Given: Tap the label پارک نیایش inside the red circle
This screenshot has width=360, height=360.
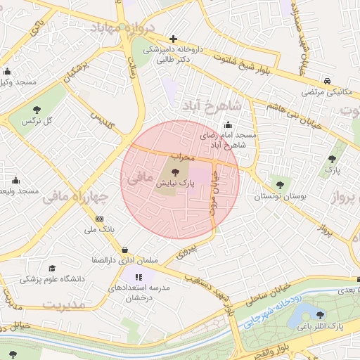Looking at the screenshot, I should click(175, 182).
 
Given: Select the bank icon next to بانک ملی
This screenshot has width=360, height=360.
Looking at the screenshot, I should click(98, 219).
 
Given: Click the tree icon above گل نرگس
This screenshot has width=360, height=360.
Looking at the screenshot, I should click(37, 110).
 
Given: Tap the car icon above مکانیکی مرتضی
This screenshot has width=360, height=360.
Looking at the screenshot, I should click(328, 81).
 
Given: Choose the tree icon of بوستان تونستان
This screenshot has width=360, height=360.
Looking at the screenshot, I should click(280, 185).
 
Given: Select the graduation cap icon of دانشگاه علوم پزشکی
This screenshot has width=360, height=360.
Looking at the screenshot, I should click(52, 268).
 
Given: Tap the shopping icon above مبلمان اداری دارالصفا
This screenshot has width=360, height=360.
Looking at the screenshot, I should click(124, 249).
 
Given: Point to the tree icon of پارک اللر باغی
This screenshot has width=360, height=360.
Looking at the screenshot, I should click(321, 316).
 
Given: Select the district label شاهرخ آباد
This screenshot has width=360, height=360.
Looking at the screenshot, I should click(212, 105).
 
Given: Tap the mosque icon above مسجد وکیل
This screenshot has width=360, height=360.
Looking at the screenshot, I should click(8, 71).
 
